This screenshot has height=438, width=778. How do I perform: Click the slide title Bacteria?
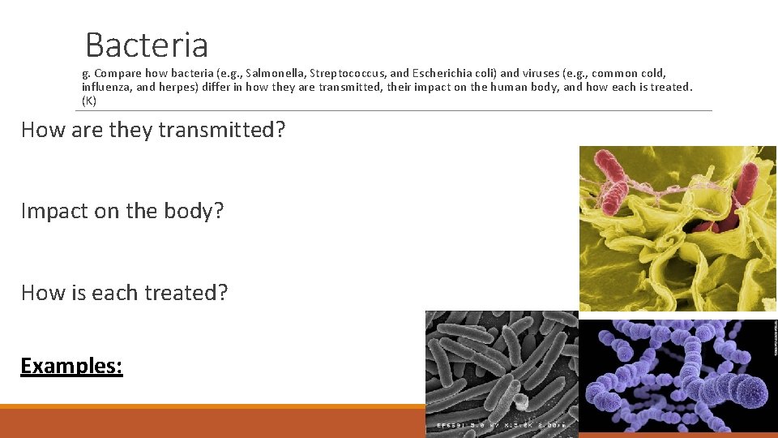pos(147,45)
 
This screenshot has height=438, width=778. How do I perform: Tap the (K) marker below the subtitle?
pos(89,101)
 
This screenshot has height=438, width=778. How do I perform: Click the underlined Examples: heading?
pos(71,366)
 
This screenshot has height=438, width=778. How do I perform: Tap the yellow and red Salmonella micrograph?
pos(677,229)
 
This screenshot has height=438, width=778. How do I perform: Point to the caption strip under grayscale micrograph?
pos(501,425)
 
